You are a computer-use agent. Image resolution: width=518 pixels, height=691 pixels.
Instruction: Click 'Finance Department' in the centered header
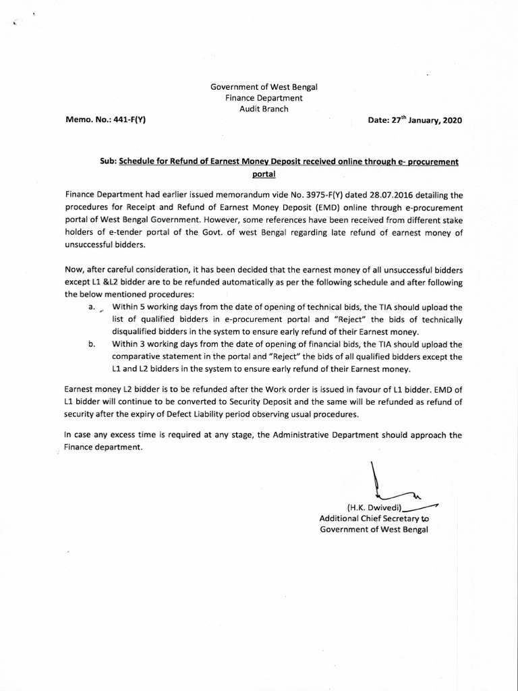pyautogui.click(x=264, y=97)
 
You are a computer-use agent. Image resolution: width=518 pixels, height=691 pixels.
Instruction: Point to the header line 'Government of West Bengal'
pyautogui.click(x=264, y=86)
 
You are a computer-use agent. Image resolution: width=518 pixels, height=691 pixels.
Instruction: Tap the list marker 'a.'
pyautogui.click(x=92, y=306)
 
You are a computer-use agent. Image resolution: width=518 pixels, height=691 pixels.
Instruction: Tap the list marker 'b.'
pyautogui.click(x=92, y=344)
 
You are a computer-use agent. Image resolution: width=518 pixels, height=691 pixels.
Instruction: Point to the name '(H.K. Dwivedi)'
pyautogui.click(x=374, y=507)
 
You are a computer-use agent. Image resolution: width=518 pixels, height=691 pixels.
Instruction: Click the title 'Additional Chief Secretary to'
pyautogui.click(x=374, y=518)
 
